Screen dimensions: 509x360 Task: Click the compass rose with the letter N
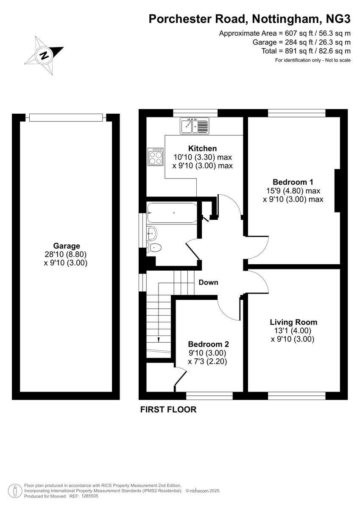(44, 55)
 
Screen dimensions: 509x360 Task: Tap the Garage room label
(66, 246)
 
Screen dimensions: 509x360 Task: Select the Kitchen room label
(202, 148)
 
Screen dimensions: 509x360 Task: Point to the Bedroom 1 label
(293, 182)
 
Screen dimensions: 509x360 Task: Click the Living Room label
(293, 322)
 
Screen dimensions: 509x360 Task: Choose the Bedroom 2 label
(208, 344)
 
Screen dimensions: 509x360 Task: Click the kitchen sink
(195, 126)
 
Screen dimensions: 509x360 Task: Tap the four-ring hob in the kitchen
(156, 157)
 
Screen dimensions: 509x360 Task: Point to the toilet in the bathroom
(154, 248)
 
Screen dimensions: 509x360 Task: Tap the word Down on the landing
(208, 282)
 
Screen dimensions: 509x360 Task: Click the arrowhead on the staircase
(158, 339)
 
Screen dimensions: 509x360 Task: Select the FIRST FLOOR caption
(168, 410)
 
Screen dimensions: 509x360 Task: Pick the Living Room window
(296, 395)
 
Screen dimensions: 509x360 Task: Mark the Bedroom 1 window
(296, 113)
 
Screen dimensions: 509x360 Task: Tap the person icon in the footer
(15, 490)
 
